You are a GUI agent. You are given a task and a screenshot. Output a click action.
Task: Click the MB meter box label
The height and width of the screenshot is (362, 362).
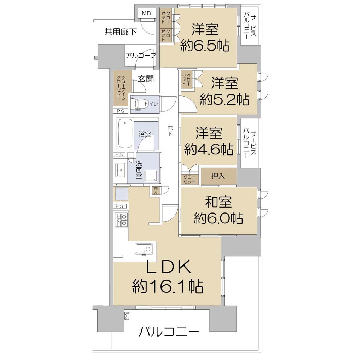click(146, 13)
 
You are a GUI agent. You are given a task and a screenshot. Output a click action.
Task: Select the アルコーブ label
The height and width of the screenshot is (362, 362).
click(141, 56)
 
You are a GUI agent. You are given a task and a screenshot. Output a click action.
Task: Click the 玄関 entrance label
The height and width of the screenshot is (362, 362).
click(146, 79)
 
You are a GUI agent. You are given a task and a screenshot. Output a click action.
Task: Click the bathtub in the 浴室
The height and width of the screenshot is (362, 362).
click(125, 134)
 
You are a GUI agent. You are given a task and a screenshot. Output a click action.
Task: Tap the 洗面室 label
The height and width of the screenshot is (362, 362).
click(139, 170)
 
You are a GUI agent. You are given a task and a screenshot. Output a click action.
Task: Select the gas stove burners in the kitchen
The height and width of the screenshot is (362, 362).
click(121, 220)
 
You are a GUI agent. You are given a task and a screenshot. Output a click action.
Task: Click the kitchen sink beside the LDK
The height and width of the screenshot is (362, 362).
click(144, 249)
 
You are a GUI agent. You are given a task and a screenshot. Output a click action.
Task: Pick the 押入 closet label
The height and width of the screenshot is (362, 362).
click(218, 176)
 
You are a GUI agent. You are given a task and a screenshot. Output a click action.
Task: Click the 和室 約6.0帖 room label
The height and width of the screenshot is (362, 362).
click(218, 210)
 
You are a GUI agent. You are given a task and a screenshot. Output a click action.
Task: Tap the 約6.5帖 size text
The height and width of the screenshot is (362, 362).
click(205, 46)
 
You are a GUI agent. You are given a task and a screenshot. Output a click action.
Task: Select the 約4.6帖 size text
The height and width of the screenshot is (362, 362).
click(209, 150)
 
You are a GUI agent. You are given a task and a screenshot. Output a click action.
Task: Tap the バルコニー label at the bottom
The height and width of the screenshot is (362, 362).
click(169, 332)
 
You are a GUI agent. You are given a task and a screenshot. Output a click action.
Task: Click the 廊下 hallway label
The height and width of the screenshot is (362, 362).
click(170, 130)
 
